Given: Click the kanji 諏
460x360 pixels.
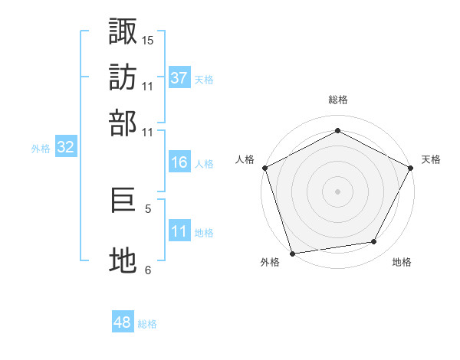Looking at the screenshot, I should tap(123, 31).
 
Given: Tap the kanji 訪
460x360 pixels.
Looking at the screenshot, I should tap(123, 77).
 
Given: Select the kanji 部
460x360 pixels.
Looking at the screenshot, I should tap(123, 123).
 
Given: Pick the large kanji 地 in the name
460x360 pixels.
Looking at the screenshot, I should tap(123, 261).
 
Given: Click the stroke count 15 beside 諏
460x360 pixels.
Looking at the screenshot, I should tap(148, 39).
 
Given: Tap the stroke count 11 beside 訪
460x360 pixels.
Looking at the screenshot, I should tap(148, 85).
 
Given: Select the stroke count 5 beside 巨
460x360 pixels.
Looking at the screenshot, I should tap(148, 208).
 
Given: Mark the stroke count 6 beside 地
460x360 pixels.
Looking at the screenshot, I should tap(148, 269).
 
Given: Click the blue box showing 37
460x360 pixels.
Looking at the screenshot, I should tap(179, 78).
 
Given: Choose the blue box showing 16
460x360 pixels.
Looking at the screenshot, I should tap(179, 162).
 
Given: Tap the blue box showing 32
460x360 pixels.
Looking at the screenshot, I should tap(65, 148).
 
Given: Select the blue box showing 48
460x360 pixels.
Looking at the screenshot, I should tap(122, 322).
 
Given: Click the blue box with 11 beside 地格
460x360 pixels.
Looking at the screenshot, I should tap(179, 231).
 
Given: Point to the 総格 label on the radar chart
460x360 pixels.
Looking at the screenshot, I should tap(338, 100).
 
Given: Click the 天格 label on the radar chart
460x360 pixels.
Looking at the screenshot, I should tap(431, 159).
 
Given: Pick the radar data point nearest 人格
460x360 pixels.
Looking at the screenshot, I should tap(264, 167).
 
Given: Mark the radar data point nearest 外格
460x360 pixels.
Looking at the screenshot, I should tap(292, 253).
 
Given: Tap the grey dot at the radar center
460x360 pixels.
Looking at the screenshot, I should tap(337, 191).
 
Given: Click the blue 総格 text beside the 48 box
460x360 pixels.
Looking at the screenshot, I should tap(147, 324).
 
